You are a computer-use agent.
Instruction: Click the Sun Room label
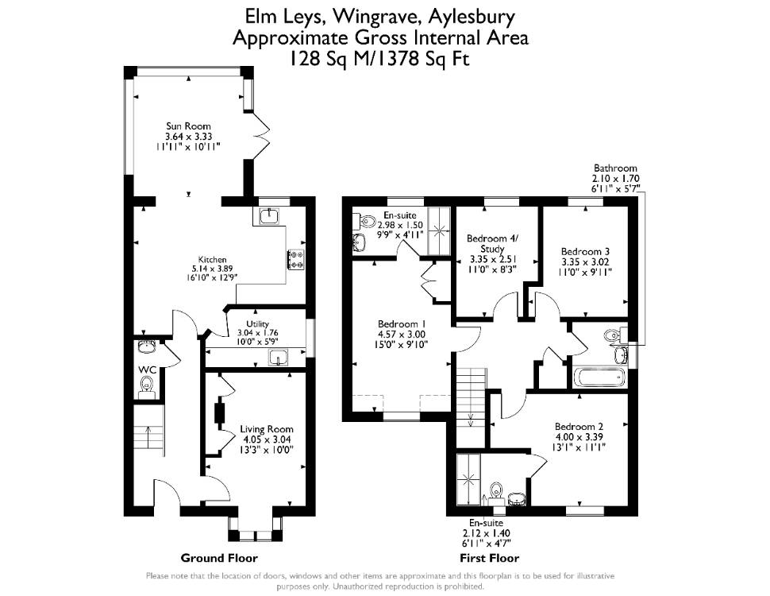[188, 126]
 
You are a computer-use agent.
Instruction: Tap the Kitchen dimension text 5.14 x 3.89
[212, 269]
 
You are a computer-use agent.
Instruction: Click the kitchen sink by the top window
[269, 215]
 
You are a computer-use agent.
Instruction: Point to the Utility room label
[257, 323]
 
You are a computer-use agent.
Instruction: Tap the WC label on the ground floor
[147, 370]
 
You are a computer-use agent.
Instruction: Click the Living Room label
[266, 429]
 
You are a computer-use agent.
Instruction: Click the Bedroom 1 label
[401, 324]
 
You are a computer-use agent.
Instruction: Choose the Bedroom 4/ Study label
[492, 243]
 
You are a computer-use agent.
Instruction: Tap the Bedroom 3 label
[585, 251]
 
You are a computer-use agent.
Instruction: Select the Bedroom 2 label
[579, 427]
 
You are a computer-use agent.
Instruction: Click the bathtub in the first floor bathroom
[601, 378]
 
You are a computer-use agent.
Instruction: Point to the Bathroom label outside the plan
[615, 168]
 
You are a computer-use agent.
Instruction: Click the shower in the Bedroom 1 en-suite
[438, 231]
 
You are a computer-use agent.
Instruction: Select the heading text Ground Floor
[219, 558]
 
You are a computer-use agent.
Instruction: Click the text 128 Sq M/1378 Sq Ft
[379, 59]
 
